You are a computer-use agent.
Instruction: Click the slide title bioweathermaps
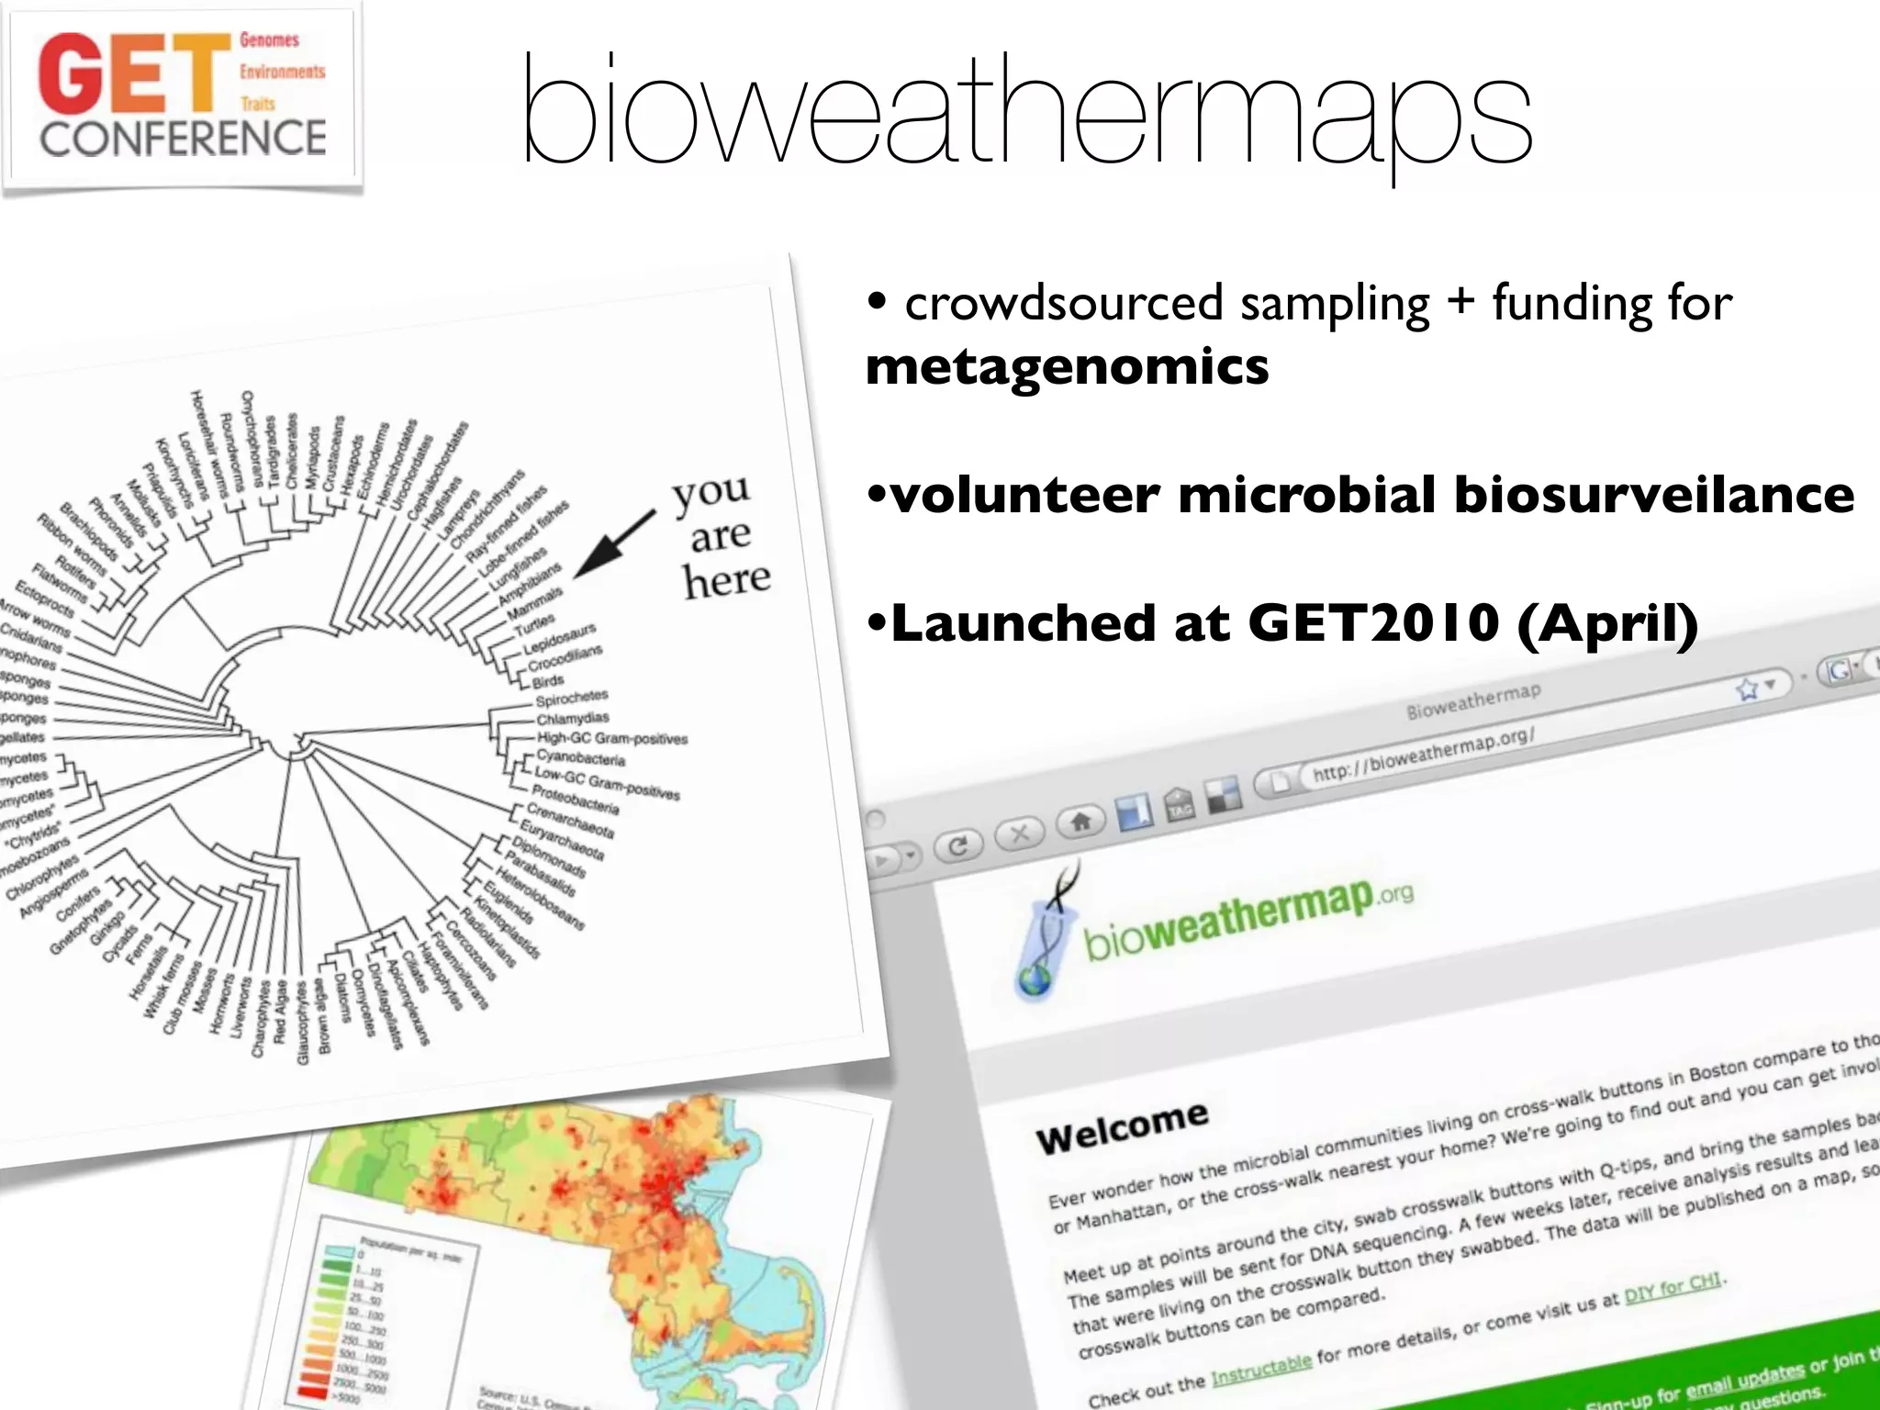coord(1026,115)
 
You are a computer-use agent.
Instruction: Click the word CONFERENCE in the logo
coord(183,139)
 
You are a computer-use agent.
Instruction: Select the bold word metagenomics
coord(1067,367)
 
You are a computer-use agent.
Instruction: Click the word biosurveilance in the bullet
coord(1653,495)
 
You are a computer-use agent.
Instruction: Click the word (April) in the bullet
coord(1607,623)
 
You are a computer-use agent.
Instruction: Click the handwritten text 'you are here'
coord(722,536)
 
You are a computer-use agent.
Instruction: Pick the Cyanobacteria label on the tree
coord(580,758)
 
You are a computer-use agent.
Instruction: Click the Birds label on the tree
coord(548,681)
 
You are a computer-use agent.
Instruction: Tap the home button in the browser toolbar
coord(1080,821)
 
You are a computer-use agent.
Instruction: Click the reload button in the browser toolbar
coord(957,845)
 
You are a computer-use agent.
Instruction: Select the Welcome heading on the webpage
coord(1122,1126)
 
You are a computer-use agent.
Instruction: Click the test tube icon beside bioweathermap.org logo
coord(1046,936)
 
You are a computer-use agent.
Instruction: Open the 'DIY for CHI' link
coord(1673,1288)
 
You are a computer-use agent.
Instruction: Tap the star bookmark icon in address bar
coord(1747,688)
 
